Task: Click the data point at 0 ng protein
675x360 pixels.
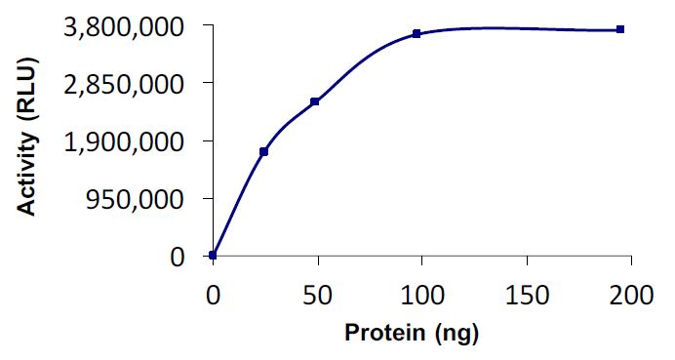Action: click(213, 256)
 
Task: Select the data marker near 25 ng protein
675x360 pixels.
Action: click(264, 151)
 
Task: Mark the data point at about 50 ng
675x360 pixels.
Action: click(315, 101)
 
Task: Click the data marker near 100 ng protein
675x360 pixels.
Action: click(417, 33)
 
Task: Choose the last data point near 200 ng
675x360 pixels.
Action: click(620, 29)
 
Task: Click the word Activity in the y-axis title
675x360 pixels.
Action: click(33, 182)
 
